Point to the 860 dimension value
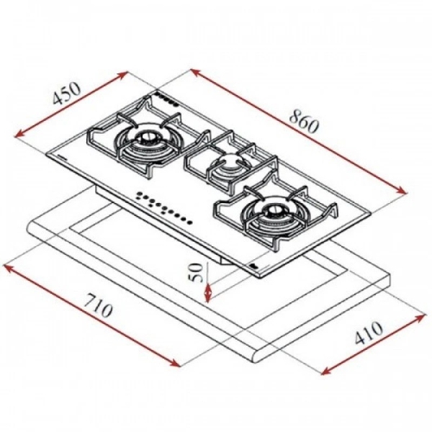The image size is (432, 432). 303,120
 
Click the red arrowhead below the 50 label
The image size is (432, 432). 208,296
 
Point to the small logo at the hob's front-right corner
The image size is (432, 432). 256,269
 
